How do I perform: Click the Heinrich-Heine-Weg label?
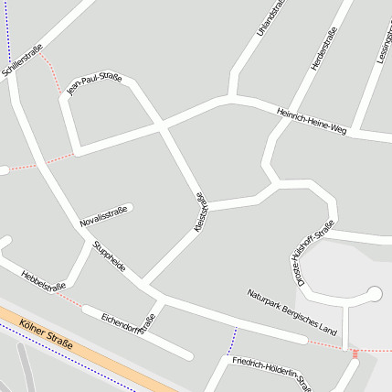click(x=312, y=118)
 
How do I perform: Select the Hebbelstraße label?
click(x=44, y=279)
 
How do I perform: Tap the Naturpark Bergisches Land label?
click(x=292, y=311)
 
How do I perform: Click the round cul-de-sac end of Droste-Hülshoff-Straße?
click(x=373, y=294)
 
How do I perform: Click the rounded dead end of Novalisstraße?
click(x=130, y=208)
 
